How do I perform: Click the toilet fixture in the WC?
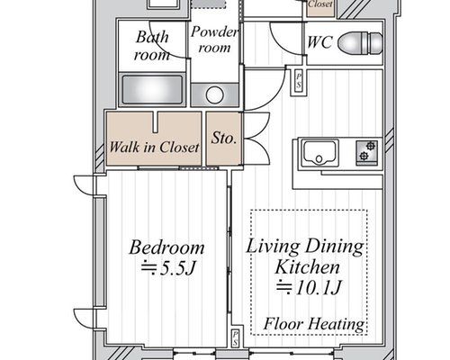click(x=360, y=43)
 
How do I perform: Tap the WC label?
click(x=319, y=42)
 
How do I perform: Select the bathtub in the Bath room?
click(x=152, y=90)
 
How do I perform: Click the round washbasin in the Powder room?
click(x=215, y=94)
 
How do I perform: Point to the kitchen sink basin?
click(x=319, y=153)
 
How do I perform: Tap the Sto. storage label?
click(x=224, y=139)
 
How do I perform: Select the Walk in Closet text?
click(x=154, y=147)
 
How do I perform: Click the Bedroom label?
click(x=166, y=247)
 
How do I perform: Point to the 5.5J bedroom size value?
click(x=168, y=268)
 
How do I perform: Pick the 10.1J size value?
click(x=309, y=287)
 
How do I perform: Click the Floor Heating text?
click(x=314, y=324)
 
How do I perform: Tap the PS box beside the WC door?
click(x=299, y=81)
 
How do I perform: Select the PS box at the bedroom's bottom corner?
click(x=236, y=337)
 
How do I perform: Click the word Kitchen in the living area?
click(x=308, y=267)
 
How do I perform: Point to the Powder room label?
click(x=214, y=40)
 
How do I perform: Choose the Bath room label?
click(x=152, y=46)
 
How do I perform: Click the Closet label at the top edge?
click(x=320, y=4)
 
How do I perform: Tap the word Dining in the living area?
click(x=334, y=247)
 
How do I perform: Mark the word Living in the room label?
click(x=273, y=247)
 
